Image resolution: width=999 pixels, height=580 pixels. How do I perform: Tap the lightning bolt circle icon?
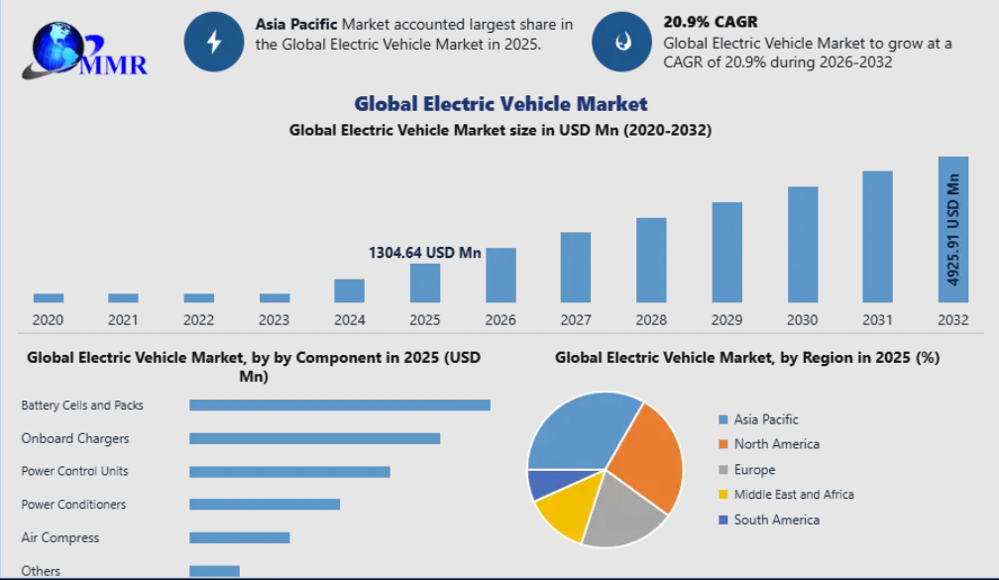[214, 42]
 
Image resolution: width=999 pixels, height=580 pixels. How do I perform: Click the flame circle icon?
[621, 42]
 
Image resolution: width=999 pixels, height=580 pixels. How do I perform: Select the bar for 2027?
[576, 268]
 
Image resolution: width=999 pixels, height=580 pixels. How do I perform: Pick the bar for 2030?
[803, 245]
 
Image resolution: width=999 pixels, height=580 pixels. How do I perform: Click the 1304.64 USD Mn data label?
[424, 253]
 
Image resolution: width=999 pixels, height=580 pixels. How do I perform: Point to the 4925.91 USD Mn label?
[953, 230]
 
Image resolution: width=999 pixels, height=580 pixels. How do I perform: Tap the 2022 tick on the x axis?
[198, 319]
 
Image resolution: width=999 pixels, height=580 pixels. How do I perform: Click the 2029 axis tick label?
[726, 319]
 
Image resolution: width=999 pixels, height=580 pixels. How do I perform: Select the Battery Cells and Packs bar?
[340, 405]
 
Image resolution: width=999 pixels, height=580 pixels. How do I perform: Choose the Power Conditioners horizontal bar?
[265, 505]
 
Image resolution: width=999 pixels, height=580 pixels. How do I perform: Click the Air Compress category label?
[60, 537]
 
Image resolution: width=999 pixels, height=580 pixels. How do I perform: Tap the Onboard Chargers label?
[75, 438]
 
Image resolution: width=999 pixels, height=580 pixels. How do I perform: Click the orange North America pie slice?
[649, 456]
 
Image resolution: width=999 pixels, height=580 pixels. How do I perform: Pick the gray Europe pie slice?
[622, 514]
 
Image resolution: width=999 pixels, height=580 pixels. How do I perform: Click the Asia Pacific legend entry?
[765, 419]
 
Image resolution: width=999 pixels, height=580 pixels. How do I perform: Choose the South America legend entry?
[776, 520]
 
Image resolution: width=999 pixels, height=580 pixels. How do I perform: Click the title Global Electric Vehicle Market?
[500, 103]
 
